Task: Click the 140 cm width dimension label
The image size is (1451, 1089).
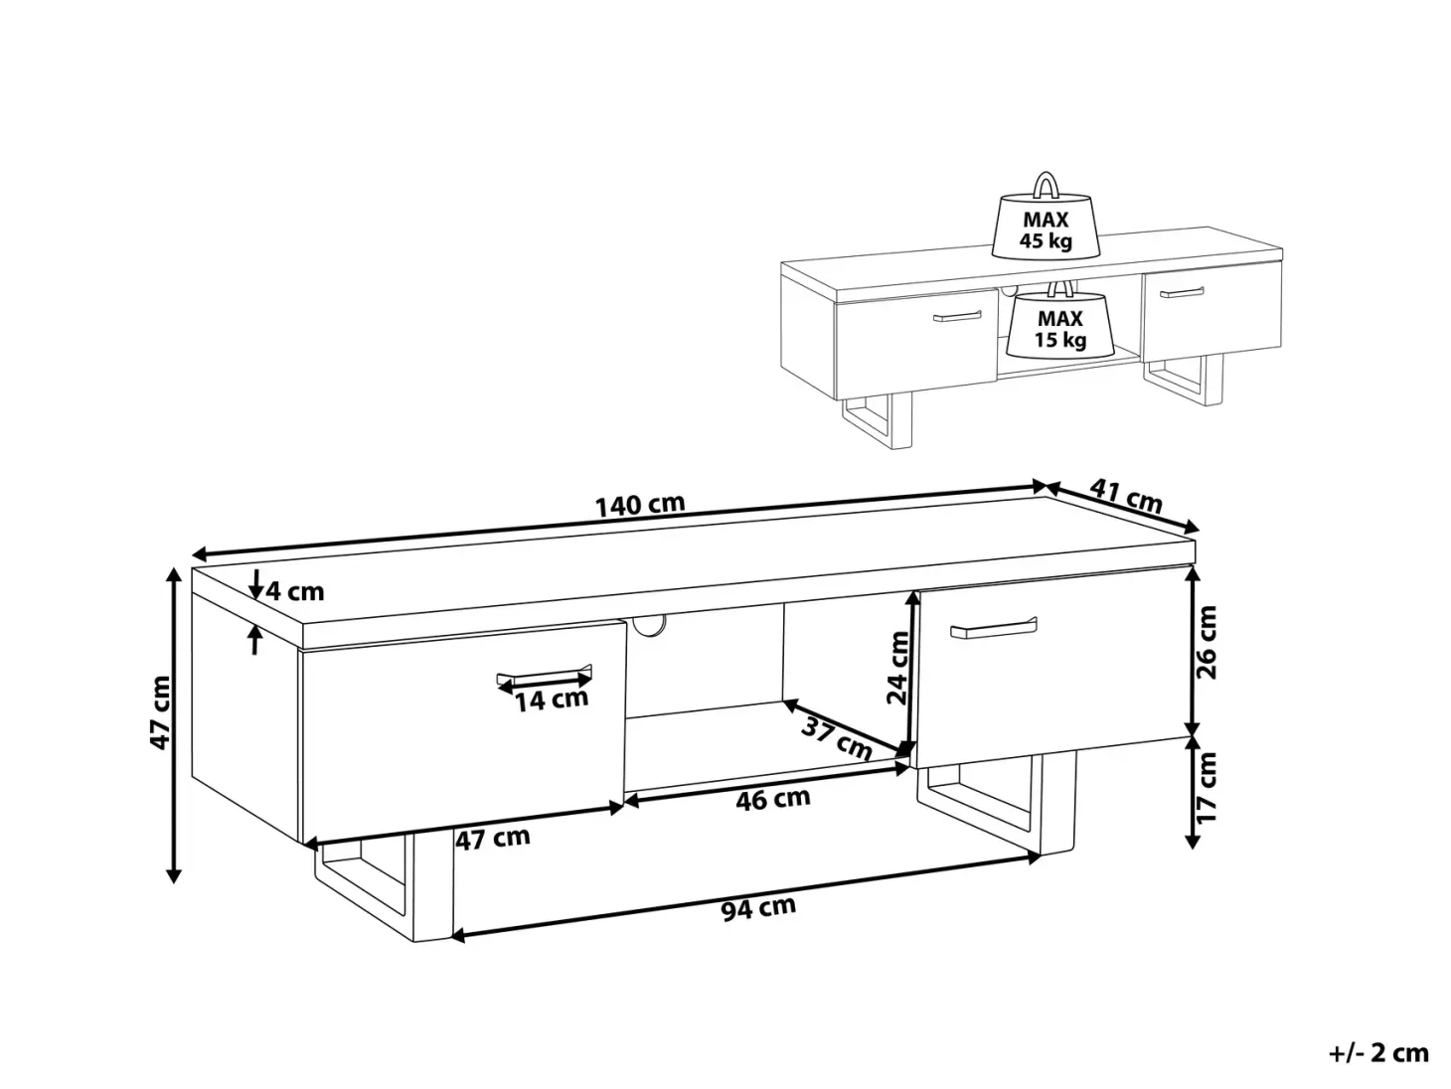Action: pyautogui.click(x=640, y=505)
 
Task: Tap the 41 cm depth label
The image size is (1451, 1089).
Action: pyautogui.click(x=1126, y=496)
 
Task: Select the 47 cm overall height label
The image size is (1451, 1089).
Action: pyautogui.click(x=161, y=712)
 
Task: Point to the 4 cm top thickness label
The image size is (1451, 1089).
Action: pyautogui.click(x=295, y=591)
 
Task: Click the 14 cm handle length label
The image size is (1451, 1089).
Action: pyautogui.click(x=552, y=700)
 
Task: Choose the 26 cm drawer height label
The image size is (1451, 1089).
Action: pyautogui.click(x=1207, y=641)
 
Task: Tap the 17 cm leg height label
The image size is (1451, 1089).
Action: pyautogui.click(x=1207, y=787)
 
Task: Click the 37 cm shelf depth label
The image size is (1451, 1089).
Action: pyautogui.click(x=837, y=738)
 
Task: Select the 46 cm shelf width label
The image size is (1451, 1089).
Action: pyautogui.click(x=773, y=799)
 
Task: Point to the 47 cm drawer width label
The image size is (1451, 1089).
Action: pyautogui.click(x=493, y=839)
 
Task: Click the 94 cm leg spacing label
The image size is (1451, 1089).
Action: pyautogui.click(x=758, y=908)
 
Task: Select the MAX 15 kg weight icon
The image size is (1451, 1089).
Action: pyautogui.click(x=1060, y=319)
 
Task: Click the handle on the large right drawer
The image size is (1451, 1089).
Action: pyautogui.click(x=994, y=628)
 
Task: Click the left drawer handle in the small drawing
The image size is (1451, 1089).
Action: pyautogui.click(x=956, y=317)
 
